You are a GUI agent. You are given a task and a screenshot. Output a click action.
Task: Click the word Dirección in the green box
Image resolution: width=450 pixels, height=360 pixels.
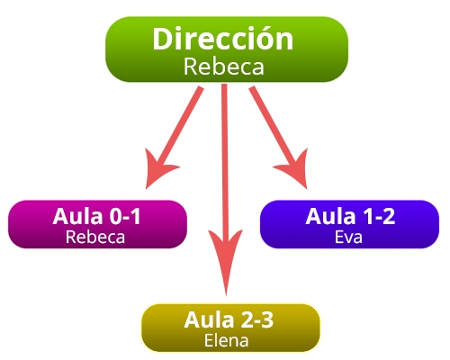coord(223,39)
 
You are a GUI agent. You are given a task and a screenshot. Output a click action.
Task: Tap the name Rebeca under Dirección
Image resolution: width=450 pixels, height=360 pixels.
coord(224,67)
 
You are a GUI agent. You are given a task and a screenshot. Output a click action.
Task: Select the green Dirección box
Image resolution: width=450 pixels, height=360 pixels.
coord(227,49)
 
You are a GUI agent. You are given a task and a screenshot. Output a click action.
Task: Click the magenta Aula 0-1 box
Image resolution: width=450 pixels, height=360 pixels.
coord(97,224)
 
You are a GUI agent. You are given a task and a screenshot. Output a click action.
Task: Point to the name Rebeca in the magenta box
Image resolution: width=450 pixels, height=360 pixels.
coord(95,237)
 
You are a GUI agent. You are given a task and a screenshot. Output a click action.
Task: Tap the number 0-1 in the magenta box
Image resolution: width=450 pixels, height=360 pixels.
coord(125,216)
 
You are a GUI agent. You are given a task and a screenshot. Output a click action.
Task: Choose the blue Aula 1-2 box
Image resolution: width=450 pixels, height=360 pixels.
coord(349,224)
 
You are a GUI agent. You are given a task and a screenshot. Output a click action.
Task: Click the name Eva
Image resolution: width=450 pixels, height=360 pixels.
coord(348,237)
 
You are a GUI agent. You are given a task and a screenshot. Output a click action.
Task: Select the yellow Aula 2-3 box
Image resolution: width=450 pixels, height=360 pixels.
coord(230,328)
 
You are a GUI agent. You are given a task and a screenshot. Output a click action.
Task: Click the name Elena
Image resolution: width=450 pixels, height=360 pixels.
coord(227,340)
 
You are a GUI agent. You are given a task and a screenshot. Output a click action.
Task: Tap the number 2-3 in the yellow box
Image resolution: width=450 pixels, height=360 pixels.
coord(257,319)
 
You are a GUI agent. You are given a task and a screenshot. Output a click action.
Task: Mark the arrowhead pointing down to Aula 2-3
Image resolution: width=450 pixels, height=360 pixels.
coord(226,259)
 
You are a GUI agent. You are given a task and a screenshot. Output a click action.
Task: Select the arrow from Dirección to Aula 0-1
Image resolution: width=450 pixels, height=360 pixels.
coord(174,137)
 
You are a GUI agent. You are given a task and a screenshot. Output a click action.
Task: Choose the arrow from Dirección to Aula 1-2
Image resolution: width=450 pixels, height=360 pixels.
coord(279,137)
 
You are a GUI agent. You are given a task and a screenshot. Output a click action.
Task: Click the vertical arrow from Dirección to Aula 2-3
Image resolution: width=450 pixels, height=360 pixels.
coord(225,190)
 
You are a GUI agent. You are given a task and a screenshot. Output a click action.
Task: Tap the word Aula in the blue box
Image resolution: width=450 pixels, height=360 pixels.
coord(330,216)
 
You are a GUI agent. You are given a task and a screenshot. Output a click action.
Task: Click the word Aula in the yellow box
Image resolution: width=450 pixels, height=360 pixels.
coord(209,319)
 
